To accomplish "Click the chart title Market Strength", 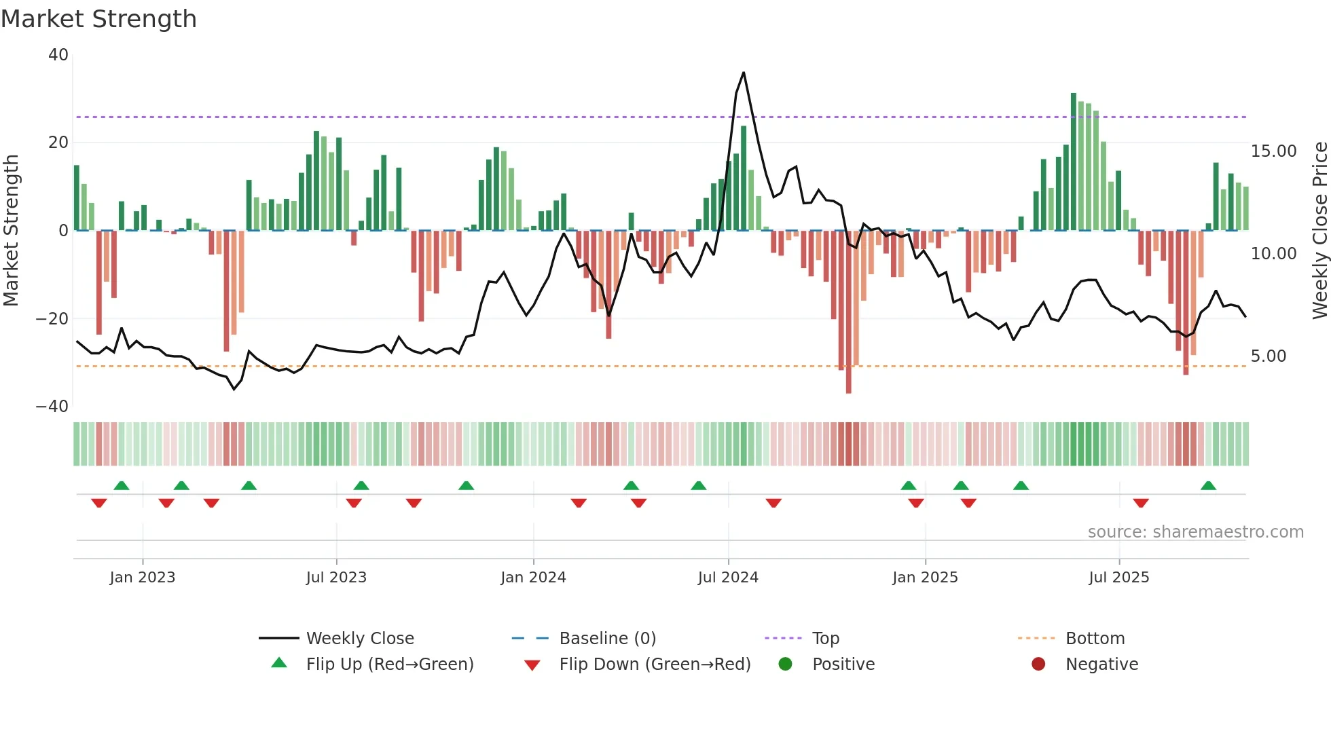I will (98, 19).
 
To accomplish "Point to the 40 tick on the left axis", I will (58, 55).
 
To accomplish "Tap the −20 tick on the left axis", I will (52, 319).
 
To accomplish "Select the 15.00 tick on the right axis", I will (1273, 151).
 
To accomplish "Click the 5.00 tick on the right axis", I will (1268, 356).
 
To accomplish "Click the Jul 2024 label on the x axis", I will (728, 578).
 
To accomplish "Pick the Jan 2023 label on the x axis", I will (143, 578).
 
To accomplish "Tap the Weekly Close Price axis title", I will (1319, 231).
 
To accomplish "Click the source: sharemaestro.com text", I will (1195, 532).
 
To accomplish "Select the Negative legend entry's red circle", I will (1038, 665).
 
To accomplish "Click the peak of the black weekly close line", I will (744, 73).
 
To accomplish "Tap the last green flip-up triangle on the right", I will (1208, 486).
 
